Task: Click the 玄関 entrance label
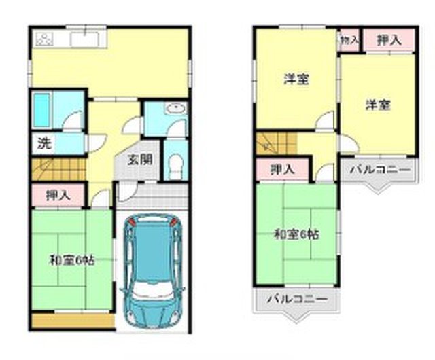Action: click(140, 160)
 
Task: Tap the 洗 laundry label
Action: click(45, 143)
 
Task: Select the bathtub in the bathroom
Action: click(41, 110)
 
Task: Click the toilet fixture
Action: click(175, 165)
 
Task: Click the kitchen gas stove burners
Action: click(43, 39)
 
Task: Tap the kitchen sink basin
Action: click(84, 39)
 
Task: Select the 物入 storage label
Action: click(349, 41)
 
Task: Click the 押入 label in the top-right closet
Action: click(389, 41)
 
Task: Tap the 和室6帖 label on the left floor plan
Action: click(73, 261)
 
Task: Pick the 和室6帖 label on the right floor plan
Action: click(296, 234)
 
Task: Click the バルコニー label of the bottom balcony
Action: click(298, 299)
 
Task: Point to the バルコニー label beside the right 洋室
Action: click(380, 169)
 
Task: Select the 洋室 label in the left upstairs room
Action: click(296, 79)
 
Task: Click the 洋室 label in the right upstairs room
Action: click(378, 105)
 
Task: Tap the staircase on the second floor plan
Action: click(277, 143)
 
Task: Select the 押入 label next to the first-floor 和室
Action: click(58, 196)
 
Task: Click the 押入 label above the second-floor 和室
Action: click(283, 169)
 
